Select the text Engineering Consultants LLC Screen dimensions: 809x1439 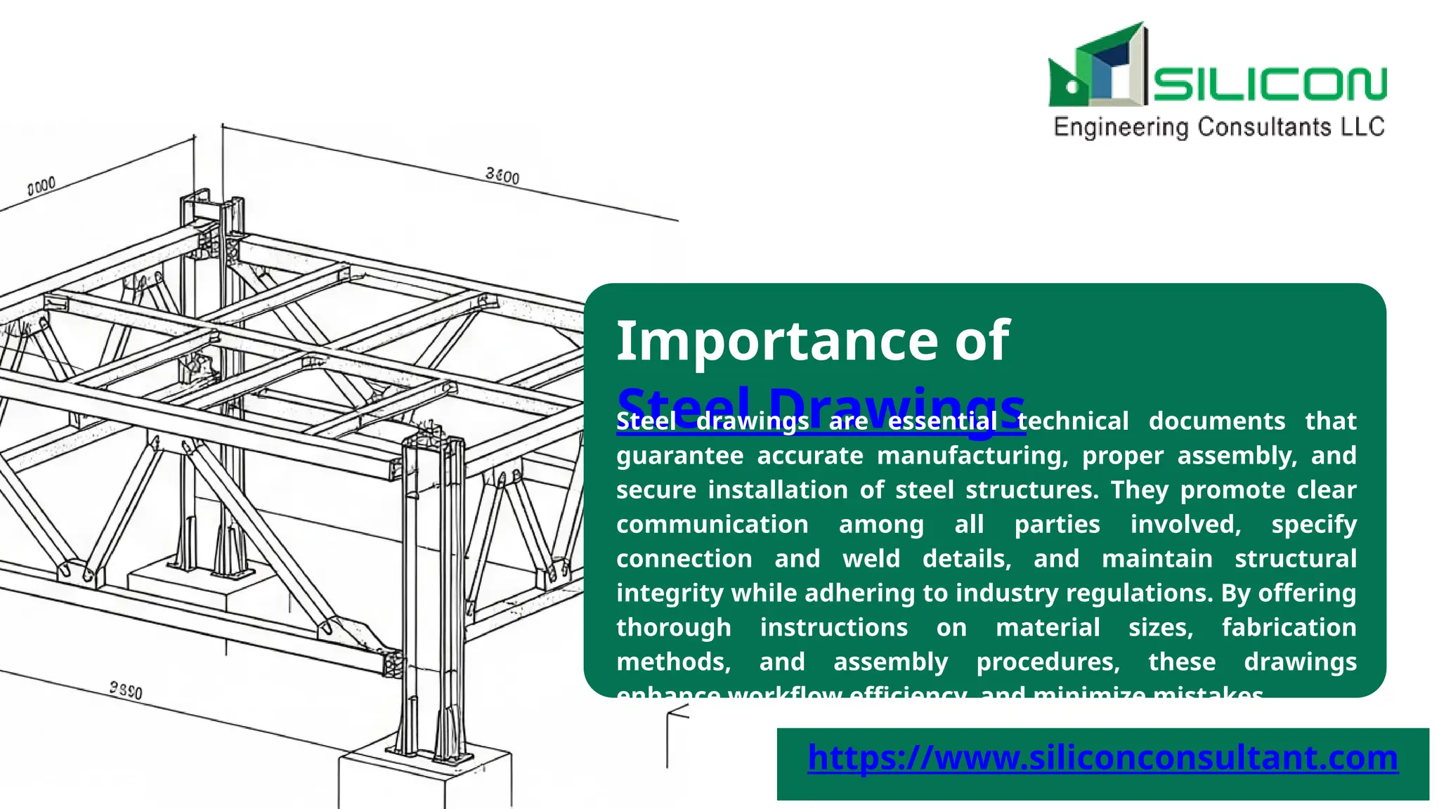coord(1219,127)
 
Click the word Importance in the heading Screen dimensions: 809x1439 coord(773,341)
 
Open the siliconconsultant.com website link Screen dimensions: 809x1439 coord(1102,758)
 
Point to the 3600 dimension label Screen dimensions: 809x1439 coord(502,176)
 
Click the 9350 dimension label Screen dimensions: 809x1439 coord(126,690)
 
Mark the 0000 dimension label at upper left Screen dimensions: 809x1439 coord(41,186)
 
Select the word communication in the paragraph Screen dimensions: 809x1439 coord(712,525)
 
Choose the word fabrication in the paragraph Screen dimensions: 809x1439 coord(1289,628)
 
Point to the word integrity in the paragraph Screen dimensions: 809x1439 coord(670,593)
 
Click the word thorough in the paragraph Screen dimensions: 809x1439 coord(673,628)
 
